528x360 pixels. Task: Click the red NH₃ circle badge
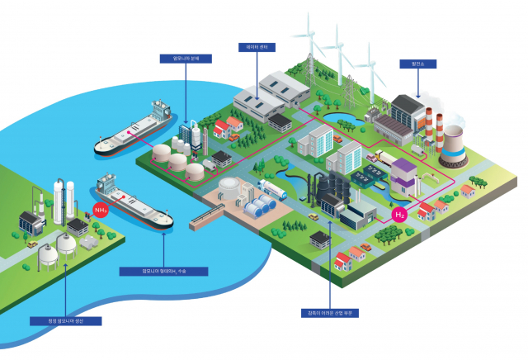(100, 210)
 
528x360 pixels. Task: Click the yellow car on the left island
(31, 244)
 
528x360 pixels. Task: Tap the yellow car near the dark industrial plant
(313, 216)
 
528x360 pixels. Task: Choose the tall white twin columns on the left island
(58, 198)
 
